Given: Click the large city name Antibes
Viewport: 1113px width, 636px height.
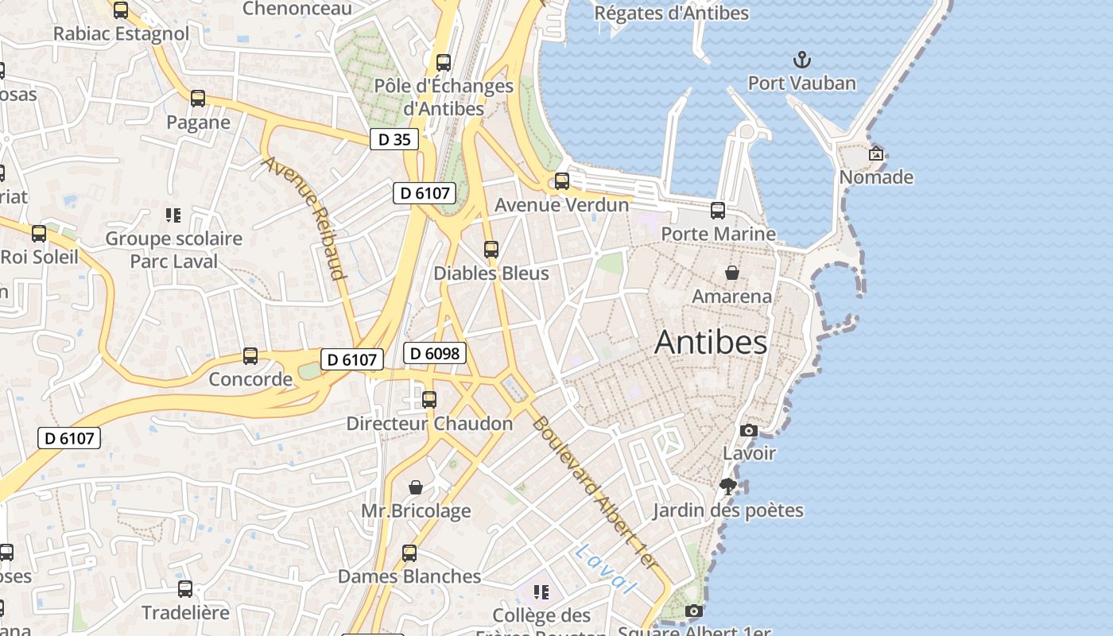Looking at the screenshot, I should point(711,342).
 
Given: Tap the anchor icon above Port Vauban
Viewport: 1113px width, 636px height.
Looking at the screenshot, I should point(802,60).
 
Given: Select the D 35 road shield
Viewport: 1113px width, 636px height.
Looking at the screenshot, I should point(394,139).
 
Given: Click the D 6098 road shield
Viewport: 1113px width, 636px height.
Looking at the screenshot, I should point(434,353).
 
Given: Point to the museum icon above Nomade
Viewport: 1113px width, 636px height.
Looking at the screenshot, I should point(876,153).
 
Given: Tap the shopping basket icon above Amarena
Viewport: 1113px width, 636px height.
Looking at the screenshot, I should point(732,273).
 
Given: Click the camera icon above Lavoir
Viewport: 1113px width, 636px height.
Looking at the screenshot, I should point(748,430).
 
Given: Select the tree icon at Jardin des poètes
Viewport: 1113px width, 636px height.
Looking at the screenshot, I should point(727,487).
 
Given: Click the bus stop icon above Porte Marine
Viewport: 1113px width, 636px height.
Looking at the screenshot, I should point(718,211).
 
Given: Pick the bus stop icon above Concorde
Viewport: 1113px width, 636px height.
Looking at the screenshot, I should point(250,356).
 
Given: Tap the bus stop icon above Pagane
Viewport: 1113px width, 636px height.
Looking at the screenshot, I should point(198,99).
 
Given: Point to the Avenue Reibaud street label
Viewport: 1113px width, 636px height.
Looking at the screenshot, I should point(306,218).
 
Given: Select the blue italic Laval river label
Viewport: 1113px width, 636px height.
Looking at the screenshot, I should point(607,568).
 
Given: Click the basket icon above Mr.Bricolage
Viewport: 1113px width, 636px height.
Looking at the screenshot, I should point(415,487).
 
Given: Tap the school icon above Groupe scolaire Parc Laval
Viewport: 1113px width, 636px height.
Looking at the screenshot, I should point(173,215).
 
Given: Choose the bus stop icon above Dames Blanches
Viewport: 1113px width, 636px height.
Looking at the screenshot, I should point(409,553).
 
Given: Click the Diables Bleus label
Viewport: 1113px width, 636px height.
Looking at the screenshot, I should point(491,273).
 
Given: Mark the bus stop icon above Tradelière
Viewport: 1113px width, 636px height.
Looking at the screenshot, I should point(185,589).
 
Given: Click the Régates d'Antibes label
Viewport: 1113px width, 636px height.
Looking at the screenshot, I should point(671,14).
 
